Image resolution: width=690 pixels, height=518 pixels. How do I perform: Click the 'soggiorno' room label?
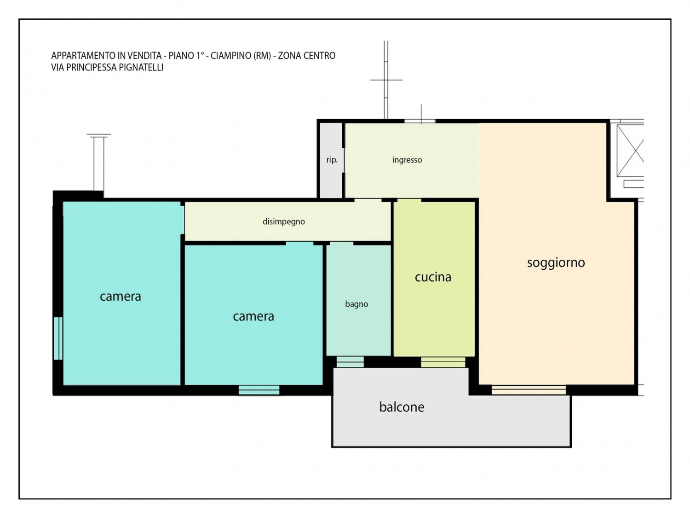click(556, 263)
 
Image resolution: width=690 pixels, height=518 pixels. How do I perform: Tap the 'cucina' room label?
click(433, 277)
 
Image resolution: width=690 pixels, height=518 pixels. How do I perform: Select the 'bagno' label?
click(356, 304)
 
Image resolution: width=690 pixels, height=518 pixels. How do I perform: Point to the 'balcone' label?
click(402, 407)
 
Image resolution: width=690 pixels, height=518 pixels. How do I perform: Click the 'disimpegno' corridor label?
click(283, 222)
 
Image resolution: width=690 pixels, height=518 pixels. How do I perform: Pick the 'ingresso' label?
click(407, 160)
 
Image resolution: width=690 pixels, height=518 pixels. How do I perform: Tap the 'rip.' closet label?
click(332, 160)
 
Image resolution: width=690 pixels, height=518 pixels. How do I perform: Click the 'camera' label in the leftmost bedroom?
click(121, 297)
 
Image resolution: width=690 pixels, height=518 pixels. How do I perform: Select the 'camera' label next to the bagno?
click(253, 316)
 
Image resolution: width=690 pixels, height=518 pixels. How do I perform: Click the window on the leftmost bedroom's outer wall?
click(58, 338)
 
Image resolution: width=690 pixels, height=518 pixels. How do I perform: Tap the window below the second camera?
click(259, 390)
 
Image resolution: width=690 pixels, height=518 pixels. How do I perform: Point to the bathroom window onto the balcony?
click(350, 362)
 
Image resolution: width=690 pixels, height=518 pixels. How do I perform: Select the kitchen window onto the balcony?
click(443, 362)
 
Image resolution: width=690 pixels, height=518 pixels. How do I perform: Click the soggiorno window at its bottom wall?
click(529, 390)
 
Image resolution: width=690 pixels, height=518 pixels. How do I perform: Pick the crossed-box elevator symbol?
click(630, 151)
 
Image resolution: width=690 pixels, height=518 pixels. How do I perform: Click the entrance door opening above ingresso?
click(420, 121)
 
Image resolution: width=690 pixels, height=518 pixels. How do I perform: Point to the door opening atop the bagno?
click(341, 244)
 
